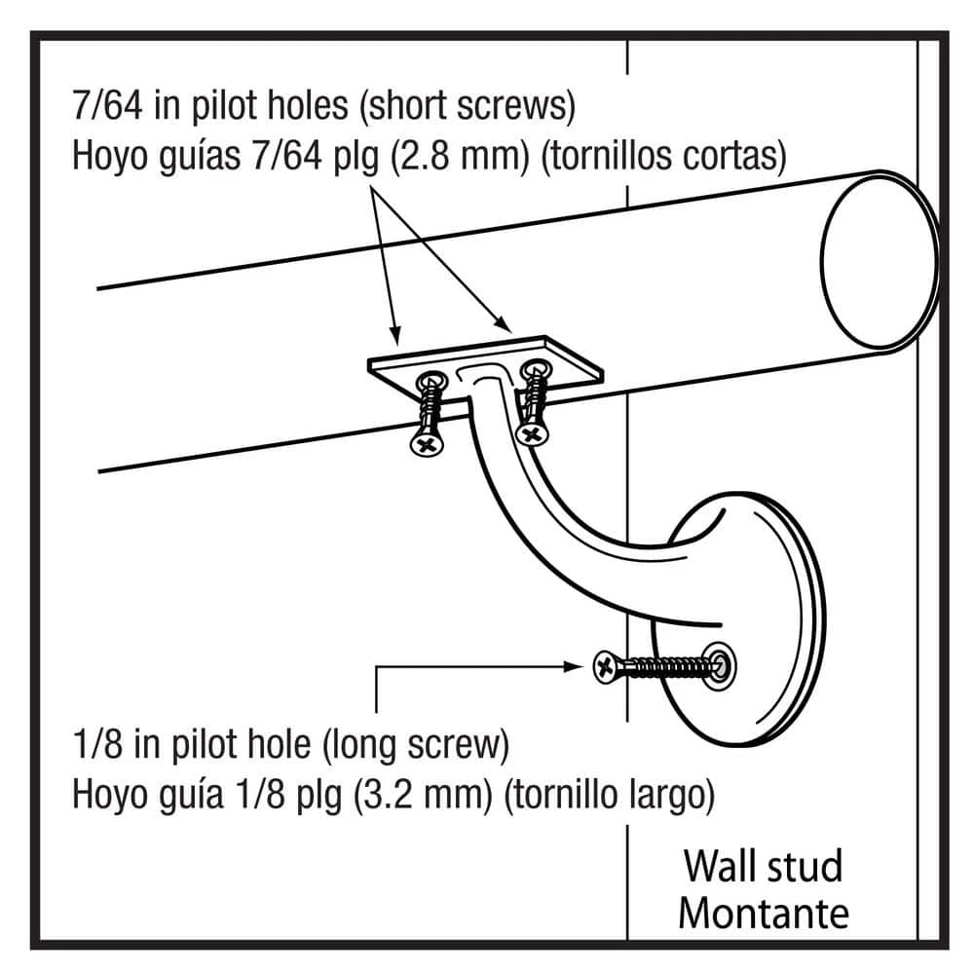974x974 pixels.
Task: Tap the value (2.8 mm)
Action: pyautogui.click(x=458, y=156)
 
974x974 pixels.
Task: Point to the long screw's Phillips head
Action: pyautogui.click(x=605, y=666)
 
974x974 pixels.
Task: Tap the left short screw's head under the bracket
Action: pyautogui.click(x=426, y=444)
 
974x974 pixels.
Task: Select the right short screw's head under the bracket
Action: pyautogui.click(x=532, y=431)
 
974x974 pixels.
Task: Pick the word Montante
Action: pyautogui.click(x=764, y=914)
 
